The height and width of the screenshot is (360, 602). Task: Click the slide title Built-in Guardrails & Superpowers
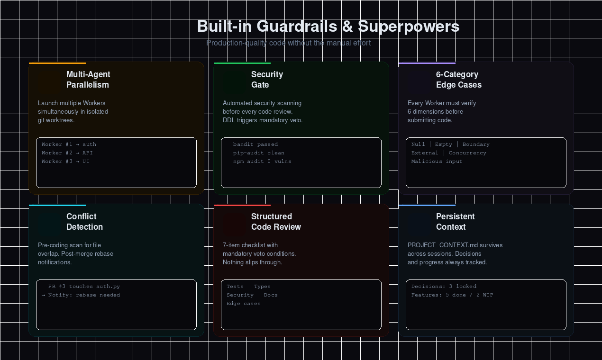click(328, 27)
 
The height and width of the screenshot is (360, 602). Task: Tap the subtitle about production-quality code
click(289, 43)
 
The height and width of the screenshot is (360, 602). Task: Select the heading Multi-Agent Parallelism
click(88, 80)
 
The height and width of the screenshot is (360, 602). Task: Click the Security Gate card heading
click(267, 80)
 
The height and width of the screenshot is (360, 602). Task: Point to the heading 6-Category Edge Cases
click(458, 80)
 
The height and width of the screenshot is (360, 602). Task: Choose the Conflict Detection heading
click(84, 222)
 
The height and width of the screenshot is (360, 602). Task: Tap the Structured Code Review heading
click(276, 222)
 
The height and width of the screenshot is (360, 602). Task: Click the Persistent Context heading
click(455, 222)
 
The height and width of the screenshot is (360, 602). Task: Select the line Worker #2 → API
click(67, 153)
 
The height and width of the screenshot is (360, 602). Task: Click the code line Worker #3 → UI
click(65, 162)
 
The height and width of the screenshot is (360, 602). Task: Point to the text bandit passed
click(255, 144)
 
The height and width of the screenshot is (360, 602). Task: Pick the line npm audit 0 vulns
click(262, 162)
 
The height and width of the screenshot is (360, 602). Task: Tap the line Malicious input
click(437, 162)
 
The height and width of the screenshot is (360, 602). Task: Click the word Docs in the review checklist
click(271, 295)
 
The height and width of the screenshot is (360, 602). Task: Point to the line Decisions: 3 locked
click(444, 287)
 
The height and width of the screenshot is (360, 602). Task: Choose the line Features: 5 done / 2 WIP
click(452, 295)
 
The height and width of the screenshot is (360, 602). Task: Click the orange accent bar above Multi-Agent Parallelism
click(57, 63)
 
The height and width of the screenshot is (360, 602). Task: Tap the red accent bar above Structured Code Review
click(242, 205)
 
